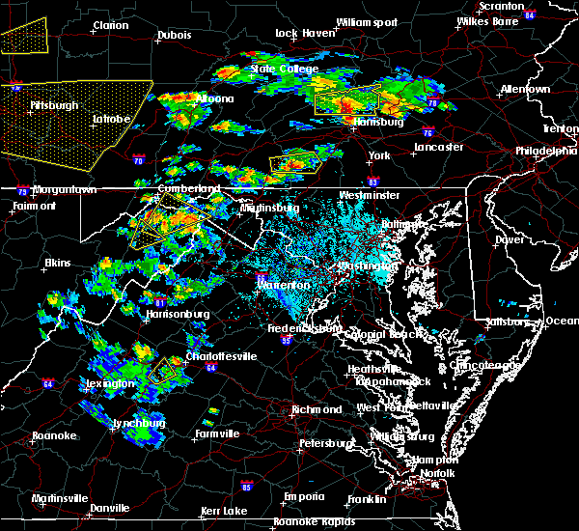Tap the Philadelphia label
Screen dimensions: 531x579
[x=545, y=151]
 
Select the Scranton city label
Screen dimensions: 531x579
[x=492, y=6]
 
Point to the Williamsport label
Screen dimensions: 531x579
[x=366, y=21]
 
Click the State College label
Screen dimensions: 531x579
[x=275, y=69]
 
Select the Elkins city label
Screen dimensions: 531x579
[x=57, y=263]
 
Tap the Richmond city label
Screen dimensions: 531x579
[x=317, y=408]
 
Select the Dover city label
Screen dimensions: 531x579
[x=509, y=238]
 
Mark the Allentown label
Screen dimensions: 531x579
[x=525, y=89]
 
